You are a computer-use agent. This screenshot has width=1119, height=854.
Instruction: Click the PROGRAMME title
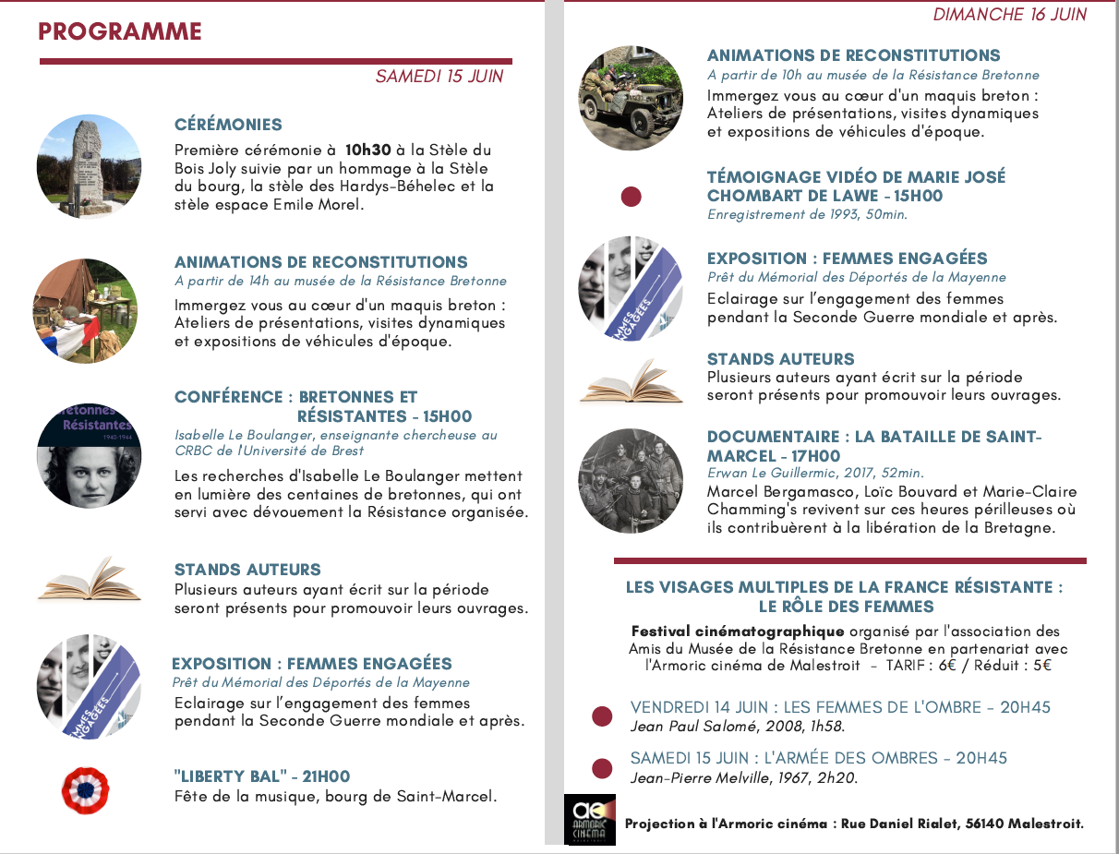120,31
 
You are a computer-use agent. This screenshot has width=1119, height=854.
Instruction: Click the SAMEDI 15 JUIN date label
439,77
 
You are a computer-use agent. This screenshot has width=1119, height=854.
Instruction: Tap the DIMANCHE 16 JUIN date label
1009,15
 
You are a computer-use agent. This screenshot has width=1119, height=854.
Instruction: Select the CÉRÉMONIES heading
228,125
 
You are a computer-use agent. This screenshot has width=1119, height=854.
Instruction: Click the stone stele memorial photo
89,167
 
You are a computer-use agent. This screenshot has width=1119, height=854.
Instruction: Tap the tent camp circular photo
85,311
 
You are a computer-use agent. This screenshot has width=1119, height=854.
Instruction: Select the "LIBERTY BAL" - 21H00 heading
261,776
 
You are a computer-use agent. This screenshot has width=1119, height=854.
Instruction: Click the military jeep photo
631,97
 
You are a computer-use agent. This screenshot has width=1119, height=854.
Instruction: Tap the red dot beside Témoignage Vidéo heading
631,197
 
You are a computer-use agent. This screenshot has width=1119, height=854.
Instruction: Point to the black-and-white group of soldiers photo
631,480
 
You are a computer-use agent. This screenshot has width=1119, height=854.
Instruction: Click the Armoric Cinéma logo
590,819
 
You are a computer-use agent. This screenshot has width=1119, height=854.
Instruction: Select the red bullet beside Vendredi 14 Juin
601,716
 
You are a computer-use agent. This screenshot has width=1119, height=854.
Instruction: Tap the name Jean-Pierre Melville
700,777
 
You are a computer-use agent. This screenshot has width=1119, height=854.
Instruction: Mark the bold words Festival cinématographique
738,631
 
